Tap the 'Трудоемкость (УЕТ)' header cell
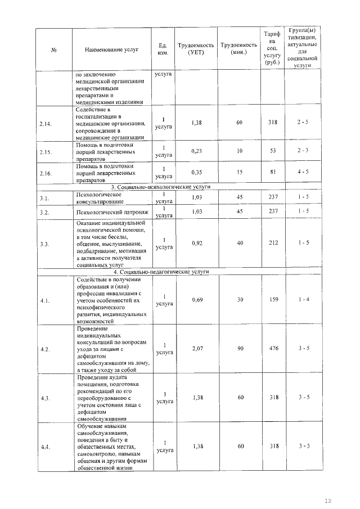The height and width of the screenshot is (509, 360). [x=196, y=49]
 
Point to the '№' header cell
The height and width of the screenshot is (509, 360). [x=55, y=49]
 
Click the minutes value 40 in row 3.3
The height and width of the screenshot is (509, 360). [x=240, y=243]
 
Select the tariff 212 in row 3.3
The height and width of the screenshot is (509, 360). [x=273, y=243]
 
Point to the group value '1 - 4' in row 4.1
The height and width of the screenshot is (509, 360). [x=304, y=300]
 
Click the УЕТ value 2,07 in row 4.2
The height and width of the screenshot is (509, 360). [x=196, y=349]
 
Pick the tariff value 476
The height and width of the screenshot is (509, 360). [x=273, y=349]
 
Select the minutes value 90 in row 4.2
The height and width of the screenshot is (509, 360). [x=240, y=349]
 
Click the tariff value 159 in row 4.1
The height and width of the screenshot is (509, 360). [x=273, y=300]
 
